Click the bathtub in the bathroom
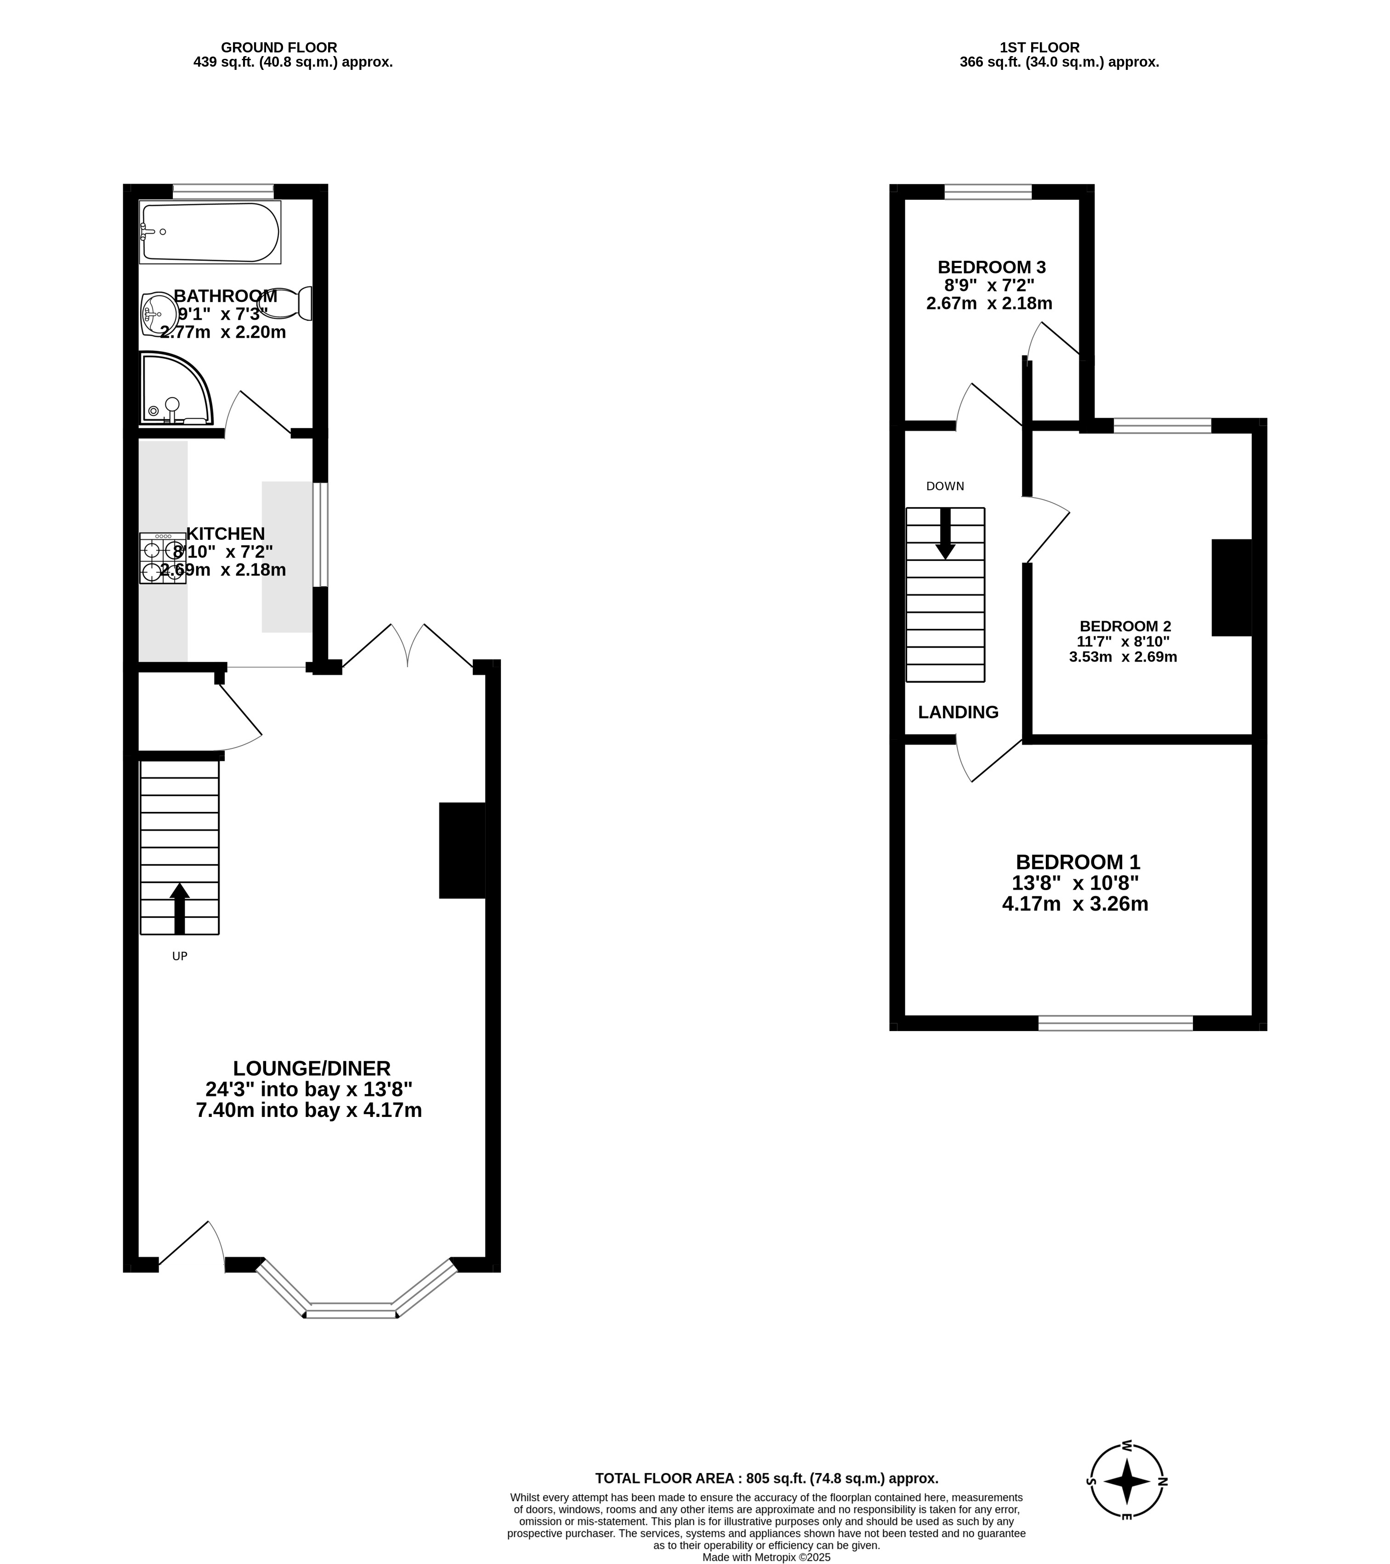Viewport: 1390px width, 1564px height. [210, 232]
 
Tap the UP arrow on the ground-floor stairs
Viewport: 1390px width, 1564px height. [179, 908]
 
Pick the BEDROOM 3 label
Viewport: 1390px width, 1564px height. [991, 267]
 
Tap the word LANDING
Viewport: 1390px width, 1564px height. [959, 712]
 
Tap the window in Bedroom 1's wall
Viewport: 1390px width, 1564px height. [1115, 1023]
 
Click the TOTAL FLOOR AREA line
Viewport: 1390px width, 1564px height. [766, 1479]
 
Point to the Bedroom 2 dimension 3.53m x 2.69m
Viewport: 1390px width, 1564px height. [1123, 657]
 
